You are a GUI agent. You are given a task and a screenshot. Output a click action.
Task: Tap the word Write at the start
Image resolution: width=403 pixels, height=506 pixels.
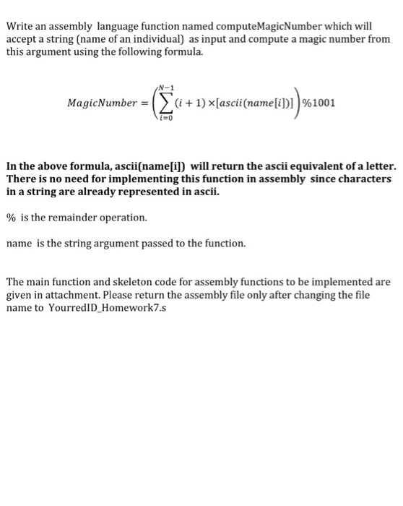[x=20, y=27]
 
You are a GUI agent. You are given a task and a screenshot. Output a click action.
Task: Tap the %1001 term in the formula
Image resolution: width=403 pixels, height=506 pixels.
[x=318, y=103]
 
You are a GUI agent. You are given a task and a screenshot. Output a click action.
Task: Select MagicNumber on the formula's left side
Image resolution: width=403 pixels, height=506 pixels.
[x=100, y=103]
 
